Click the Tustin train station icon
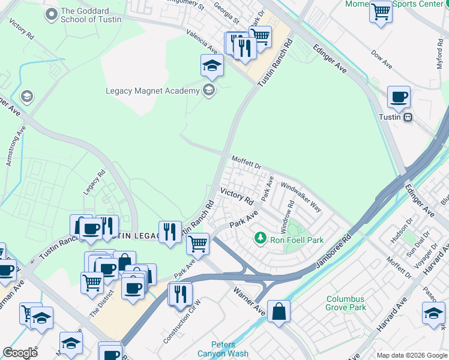pos(408,117)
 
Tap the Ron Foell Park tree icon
pos(260,239)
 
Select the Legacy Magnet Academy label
pos(152,91)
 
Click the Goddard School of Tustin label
pos(91,15)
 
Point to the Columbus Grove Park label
pos(346,303)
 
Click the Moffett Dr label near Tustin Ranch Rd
pos(247,161)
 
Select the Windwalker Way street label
pos(300,197)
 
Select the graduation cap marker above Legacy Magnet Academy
pos(212,65)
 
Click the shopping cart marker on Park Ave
pos(197,243)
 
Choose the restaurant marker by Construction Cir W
pos(179,293)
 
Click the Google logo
pos(20,353)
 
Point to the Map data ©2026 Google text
pos(411,355)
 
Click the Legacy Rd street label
pos(94,181)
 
